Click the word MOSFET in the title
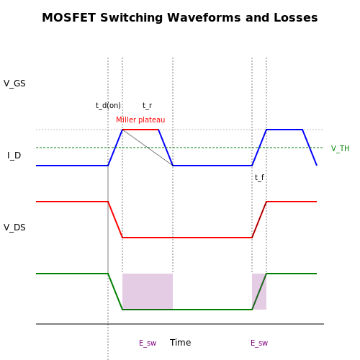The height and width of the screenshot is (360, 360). point(69,18)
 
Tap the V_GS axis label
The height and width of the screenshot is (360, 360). point(14,84)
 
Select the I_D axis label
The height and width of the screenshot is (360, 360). point(14,156)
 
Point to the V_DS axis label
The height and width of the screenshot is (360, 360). point(14,228)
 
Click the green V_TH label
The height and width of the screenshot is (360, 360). point(340,148)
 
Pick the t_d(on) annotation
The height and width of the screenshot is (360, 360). point(108,105)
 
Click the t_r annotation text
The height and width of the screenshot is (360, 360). point(147,105)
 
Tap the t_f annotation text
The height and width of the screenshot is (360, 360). point(259,177)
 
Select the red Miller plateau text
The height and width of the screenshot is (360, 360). point(140,120)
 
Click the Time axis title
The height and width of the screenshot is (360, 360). point(180,343)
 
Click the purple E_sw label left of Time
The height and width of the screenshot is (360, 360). point(148,343)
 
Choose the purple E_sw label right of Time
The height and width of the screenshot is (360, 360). point(259,343)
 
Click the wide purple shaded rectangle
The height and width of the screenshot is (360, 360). point(148,292)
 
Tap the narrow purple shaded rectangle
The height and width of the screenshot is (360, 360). point(259,292)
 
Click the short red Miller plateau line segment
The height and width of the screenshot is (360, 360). point(140,130)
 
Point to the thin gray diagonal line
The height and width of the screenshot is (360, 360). point(148,148)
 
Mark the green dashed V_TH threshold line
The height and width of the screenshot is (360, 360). point(179,148)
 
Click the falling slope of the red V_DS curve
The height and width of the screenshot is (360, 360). point(115,220)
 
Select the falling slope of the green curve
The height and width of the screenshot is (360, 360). point(115,292)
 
